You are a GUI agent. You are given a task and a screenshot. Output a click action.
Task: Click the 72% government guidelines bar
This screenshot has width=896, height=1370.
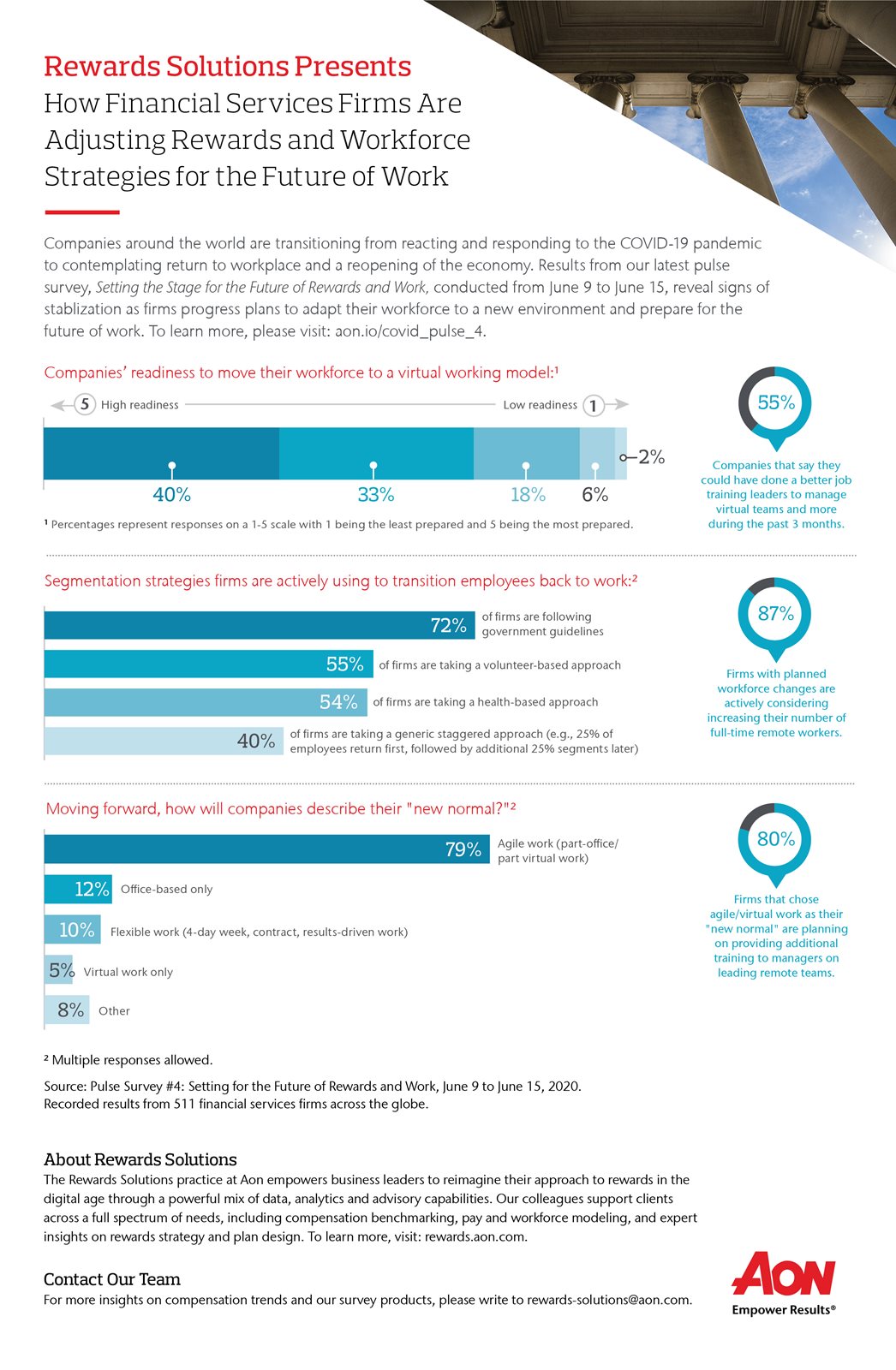point(259,625)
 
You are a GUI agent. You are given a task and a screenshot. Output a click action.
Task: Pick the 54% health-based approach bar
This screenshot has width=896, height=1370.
point(206,702)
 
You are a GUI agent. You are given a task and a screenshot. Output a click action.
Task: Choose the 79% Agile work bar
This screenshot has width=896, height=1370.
point(267,849)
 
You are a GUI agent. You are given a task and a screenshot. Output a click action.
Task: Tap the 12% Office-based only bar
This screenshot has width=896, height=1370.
point(78,889)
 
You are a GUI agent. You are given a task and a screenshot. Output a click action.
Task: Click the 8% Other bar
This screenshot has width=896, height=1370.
point(67,1010)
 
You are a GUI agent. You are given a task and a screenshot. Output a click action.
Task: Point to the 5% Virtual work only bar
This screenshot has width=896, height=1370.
point(58,969)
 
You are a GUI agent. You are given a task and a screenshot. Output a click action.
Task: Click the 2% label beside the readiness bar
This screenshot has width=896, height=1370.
point(651,457)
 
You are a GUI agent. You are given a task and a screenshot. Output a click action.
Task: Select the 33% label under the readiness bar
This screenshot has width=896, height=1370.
point(376,494)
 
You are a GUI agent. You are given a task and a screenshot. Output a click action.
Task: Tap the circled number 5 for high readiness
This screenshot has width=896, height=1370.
point(85,404)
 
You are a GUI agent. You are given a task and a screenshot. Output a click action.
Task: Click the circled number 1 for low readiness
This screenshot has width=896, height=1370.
point(593,406)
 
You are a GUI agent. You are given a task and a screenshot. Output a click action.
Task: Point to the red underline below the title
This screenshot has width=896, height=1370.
point(82,212)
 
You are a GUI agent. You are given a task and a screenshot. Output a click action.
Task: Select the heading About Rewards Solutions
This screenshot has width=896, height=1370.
point(140,1159)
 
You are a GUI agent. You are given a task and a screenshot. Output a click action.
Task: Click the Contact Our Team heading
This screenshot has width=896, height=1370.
point(112,1279)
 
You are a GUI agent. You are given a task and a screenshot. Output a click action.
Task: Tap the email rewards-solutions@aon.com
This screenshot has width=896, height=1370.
point(610,1300)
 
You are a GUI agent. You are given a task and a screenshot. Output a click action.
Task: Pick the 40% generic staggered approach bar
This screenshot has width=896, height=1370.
point(164,741)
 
